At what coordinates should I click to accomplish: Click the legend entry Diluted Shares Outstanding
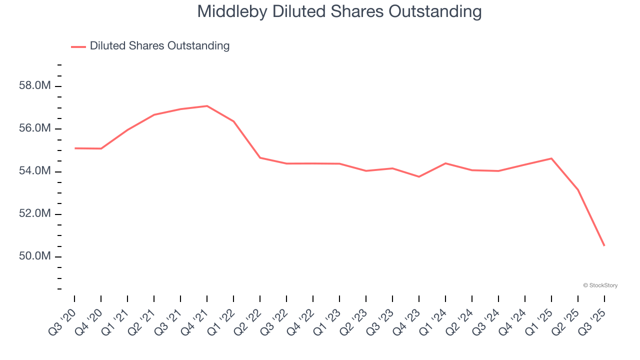pos(159,46)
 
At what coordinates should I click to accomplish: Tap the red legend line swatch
pos(78,46)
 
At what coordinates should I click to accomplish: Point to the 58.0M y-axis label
pos(35,86)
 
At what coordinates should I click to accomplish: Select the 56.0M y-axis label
pos(35,128)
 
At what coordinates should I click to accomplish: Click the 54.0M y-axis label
pos(35,171)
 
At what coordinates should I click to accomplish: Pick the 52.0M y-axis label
pos(35,214)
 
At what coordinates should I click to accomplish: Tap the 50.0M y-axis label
pos(35,256)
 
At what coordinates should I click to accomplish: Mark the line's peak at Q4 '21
pos(207,106)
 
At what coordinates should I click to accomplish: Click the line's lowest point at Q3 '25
pos(604,245)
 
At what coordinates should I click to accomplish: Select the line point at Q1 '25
pos(551,158)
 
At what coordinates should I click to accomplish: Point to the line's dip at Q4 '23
pos(419,176)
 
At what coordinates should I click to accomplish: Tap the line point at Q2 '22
pos(260,158)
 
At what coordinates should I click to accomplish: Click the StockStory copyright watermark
pos(600,285)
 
